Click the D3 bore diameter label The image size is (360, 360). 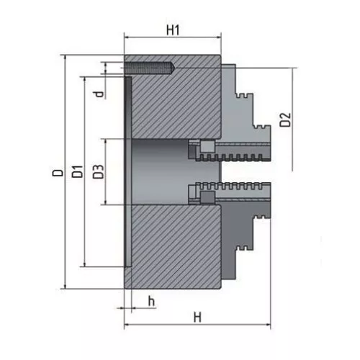tap(99, 173)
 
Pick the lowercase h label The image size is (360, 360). tap(151, 300)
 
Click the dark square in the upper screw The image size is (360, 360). tap(206, 148)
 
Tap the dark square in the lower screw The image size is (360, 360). tap(206, 197)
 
